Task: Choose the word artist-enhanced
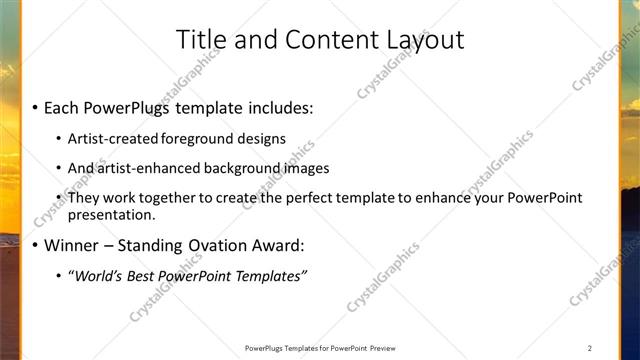pos(143,167)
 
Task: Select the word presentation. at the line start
pos(112,214)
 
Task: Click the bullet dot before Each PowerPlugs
pos(35,106)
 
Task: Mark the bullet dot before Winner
pos(35,246)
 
